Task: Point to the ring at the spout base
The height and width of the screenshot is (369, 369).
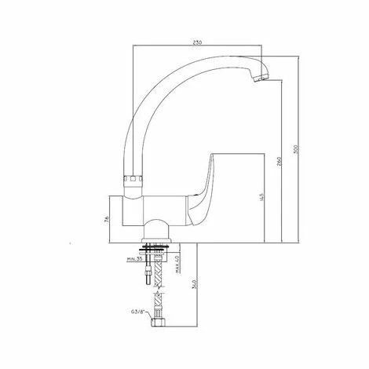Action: (134, 179)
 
